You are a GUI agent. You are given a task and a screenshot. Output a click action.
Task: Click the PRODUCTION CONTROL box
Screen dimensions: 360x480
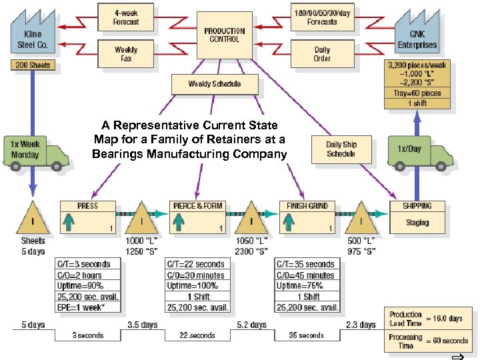click(224, 35)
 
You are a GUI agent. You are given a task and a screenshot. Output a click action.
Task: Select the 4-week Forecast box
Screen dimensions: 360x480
click(126, 17)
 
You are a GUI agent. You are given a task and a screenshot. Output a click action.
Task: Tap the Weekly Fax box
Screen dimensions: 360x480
click(126, 54)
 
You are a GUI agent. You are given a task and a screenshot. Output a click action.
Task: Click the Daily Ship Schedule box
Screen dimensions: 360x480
click(341, 149)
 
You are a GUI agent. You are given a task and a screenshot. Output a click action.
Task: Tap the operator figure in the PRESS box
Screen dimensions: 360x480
click(68, 221)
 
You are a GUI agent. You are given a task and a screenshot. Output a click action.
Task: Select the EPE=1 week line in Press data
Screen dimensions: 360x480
click(88, 307)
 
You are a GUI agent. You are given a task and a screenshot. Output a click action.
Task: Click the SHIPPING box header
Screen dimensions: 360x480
click(417, 206)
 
